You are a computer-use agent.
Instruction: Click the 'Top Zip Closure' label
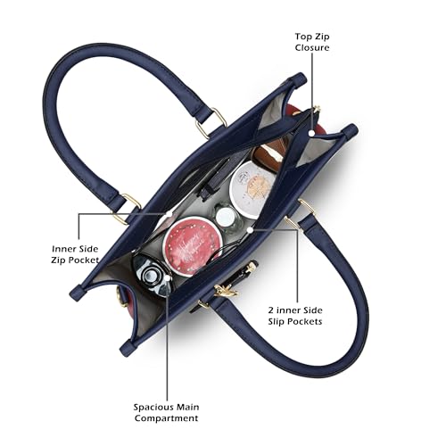(312, 42)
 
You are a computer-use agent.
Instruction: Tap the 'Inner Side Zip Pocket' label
(75, 254)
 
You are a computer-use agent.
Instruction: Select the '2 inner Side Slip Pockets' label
(295, 316)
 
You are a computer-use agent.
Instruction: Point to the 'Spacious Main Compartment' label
(166, 412)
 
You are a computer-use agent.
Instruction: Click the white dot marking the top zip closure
(311, 133)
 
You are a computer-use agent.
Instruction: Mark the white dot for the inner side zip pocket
(169, 214)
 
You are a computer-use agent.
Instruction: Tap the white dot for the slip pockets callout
(250, 230)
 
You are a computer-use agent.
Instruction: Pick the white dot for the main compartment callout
(168, 278)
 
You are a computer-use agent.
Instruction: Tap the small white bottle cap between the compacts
(225, 216)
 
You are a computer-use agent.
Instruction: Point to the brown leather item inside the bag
(268, 153)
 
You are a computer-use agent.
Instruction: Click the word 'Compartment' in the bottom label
(166, 418)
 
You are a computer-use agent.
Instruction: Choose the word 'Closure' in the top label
(312, 47)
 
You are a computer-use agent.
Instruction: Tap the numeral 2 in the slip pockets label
(270, 310)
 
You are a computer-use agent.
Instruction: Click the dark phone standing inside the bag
(217, 178)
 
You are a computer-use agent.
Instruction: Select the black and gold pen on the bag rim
(238, 277)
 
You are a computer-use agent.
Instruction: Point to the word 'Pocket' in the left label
(84, 260)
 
